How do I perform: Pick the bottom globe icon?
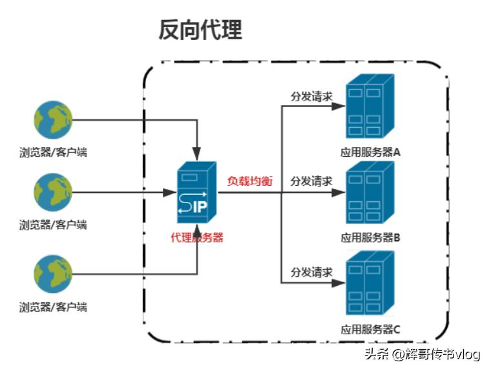click(x=53, y=274)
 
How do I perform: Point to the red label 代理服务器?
click(x=197, y=237)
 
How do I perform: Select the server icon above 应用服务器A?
click(x=370, y=106)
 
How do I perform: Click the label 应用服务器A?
click(x=371, y=153)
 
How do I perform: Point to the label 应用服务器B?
click(x=371, y=237)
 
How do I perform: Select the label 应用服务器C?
click(x=371, y=330)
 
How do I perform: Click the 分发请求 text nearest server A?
click(x=311, y=96)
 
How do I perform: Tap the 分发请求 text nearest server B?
click(x=311, y=181)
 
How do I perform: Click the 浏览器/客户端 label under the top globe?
click(x=53, y=153)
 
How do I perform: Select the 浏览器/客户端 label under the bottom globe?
click(x=53, y=306)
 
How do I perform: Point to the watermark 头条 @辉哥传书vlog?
click(x=423, y=354)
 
